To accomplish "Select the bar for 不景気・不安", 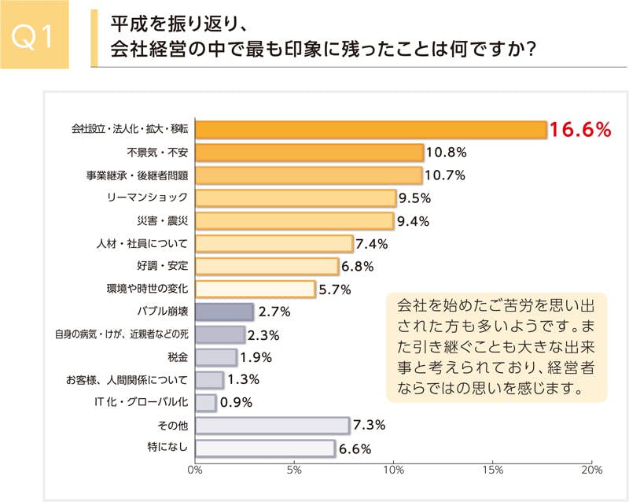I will (x=309, y=152).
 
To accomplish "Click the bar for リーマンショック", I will (x=295, y=197).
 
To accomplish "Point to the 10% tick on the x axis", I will (x=393, y=470).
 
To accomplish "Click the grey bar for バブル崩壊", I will (x=224, y=312).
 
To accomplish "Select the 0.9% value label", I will (x=237, y=403).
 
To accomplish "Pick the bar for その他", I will (x=272, y=426).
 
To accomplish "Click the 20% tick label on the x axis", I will (x=590, y=470).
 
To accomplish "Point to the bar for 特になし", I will (x=265, y=448).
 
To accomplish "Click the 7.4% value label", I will (x=372, y=243).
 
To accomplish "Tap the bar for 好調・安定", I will (x=267, y=266).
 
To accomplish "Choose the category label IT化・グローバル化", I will (x=142, y=403).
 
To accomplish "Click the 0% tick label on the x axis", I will (x=195, y=470).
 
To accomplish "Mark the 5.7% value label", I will (x=334, y=289).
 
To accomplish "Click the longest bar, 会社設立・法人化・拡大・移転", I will (x=370, y=129).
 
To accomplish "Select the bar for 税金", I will (x=216, y=357).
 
